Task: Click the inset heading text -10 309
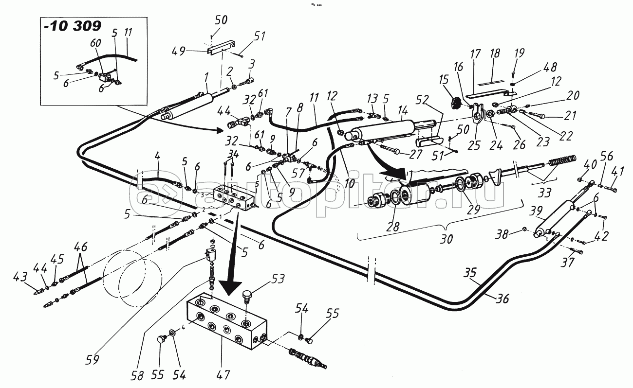[73, 27]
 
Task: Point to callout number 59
[92, 360]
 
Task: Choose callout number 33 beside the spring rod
[545, 193]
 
